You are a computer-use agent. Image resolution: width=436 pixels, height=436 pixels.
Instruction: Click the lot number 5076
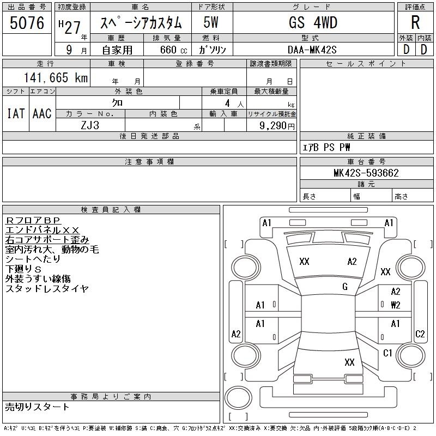pyautogui.click(x=27, y=22)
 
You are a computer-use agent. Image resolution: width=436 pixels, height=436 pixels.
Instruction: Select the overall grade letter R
pyautogui.click(x=415, y=22)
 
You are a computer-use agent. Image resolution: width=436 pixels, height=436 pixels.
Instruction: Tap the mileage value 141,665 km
pyautogui.click(x=56, y=77)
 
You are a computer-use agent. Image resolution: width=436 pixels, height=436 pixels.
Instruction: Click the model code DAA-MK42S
pyautogui.click(x=312, y=50)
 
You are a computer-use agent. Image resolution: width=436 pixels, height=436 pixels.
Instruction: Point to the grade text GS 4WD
pyautogui.click(x=313, y=22)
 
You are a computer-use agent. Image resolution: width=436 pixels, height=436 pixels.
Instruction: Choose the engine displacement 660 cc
pyautogui.click(x=173, y=50)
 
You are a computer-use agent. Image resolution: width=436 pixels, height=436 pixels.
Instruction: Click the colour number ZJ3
pyautogui.click(x=90, y=125)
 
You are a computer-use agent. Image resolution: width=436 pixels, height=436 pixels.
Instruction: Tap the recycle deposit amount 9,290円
pyautogui.click(x=277, y=126)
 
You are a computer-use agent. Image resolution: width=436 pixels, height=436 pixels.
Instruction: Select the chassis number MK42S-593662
pyautogui.click(x=366, y=173)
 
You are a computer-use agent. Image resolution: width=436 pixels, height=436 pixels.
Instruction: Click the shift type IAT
pyautogui.click(x=16, y=113)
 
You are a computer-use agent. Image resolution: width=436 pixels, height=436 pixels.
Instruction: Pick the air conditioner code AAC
pyautogui.click(x=42, y=113)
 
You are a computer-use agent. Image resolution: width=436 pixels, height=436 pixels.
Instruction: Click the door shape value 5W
pyautogui.click(x=211, y=22)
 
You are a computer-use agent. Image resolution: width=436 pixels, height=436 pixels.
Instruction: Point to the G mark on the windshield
pyautogui.click(x=345, y=287)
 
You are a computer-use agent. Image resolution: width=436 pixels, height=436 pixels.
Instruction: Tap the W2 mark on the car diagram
pyautogui.click(x=396, y=305)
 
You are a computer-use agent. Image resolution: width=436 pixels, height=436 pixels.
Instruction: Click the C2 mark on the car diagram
pyautogui.click(x=420, y=334)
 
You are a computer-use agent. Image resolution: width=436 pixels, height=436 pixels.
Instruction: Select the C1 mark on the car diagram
pyautogui.click(x=387, y=353)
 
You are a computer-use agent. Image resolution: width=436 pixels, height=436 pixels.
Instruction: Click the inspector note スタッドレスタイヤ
pyautogui.click(x=47, y=289)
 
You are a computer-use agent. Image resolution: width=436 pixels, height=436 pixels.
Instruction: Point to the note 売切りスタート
pyautogui.click(x=37, y=407)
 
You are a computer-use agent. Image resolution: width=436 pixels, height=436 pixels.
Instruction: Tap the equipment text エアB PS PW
pyautogui.click(x=326, y=147)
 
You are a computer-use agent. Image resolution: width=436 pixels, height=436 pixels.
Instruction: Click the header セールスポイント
pyautogui.click(x=366, y=64)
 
